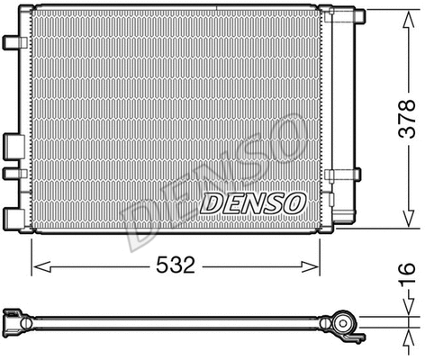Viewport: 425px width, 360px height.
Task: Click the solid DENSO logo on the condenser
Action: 252,202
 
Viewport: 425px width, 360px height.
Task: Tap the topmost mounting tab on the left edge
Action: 11,42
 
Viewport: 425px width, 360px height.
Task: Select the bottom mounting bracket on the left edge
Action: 13,216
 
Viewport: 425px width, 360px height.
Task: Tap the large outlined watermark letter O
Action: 285,132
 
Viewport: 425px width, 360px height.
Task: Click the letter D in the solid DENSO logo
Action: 210,203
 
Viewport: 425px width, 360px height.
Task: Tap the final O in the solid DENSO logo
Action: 294,202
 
